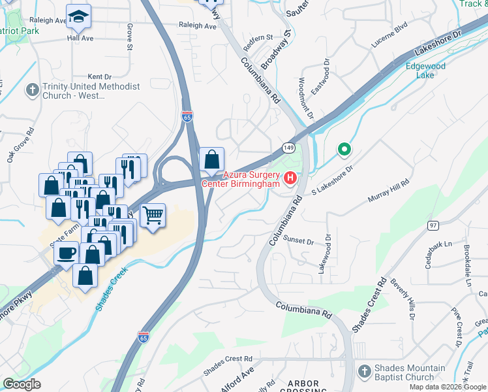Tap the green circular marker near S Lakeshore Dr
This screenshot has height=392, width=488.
click(x=344, y=150)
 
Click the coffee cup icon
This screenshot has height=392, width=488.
click(x=67, y=253)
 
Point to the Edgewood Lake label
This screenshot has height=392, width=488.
click(x=425, y=71)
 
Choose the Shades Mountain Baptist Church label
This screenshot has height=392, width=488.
click(x=409, y=372)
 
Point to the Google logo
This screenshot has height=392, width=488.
click(x=22, y=384)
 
